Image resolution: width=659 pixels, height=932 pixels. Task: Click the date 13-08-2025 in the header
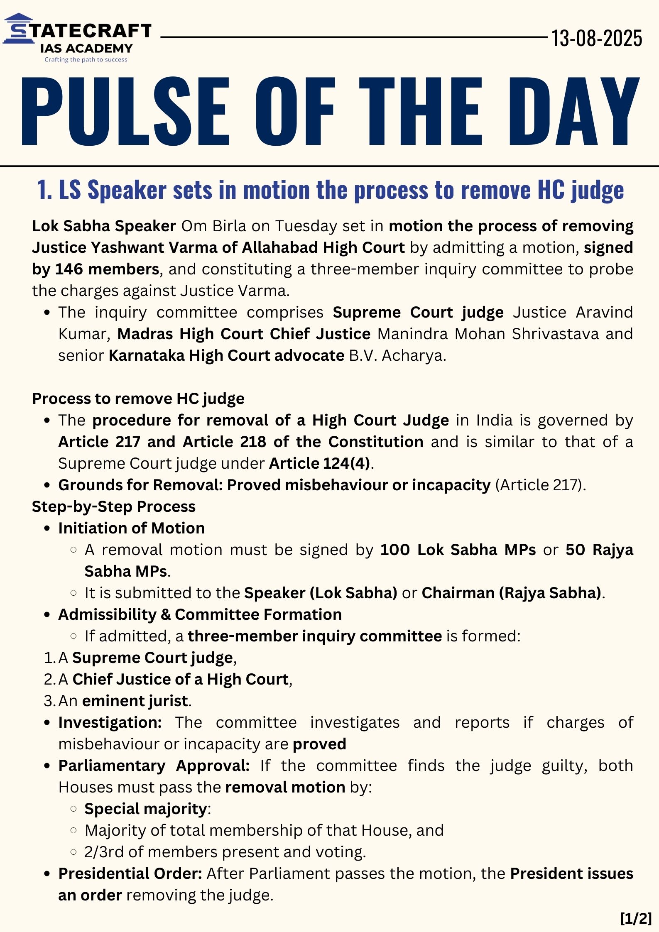pos(596,39)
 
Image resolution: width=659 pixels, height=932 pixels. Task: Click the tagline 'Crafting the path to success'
pos(86,60)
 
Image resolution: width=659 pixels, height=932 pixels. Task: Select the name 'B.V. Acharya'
pos(397,355)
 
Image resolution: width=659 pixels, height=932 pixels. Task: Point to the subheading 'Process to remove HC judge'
pos(138,399)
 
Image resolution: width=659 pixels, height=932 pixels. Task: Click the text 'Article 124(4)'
pos(319,463)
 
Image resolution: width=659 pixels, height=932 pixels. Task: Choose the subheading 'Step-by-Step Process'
pos(114,506)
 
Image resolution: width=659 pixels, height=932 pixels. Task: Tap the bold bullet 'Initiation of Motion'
pos(131,528)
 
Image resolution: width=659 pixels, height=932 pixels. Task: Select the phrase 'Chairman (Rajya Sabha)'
pos(512,593)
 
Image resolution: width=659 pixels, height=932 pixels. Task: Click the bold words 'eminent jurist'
pos(135,701)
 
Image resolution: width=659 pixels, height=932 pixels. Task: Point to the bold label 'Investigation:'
pos(110,722)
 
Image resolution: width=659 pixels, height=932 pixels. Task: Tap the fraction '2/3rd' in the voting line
pos(104,852)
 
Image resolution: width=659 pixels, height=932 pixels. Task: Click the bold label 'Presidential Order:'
pos(130,873)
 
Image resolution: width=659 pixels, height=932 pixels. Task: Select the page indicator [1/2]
pos(636,918)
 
